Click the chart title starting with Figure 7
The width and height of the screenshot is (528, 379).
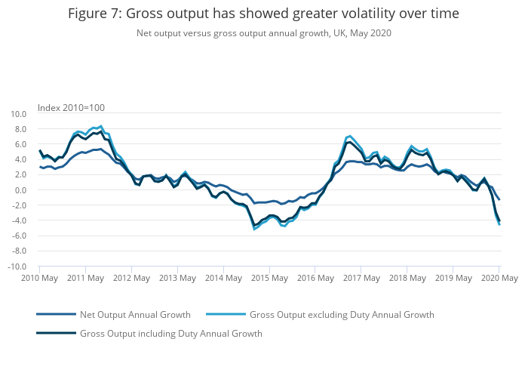263,14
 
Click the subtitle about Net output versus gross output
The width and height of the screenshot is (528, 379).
263,33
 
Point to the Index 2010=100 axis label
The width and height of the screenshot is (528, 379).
71,107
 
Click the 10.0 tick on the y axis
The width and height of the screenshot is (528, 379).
18,114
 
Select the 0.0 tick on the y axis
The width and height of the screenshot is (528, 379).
20,190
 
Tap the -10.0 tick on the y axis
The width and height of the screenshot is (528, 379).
17,267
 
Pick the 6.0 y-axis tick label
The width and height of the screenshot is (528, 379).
20,144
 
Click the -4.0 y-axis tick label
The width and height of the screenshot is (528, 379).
19,220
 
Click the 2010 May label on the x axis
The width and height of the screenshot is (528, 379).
40,279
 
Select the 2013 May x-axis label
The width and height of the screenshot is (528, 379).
177,279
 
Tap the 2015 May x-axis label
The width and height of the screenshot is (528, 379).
269,279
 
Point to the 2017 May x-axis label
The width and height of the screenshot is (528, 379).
361,279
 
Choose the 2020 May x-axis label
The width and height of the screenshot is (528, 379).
499,279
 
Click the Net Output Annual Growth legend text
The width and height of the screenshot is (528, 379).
135,314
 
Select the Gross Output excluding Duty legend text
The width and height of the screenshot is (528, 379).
342,314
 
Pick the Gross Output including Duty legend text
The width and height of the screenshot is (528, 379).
170,333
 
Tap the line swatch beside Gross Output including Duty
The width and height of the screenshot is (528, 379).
56,333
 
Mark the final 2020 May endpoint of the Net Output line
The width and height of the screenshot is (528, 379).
499,199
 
